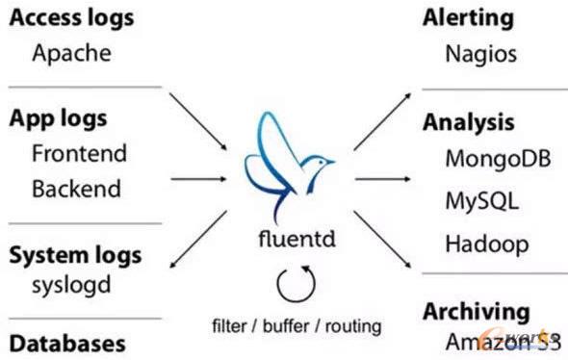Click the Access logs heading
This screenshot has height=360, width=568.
pos(71,17)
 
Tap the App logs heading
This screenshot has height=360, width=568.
pos(58,118)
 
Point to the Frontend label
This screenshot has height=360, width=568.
pos(79,153)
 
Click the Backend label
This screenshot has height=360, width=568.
pos(77,187)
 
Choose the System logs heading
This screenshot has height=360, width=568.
pos(75,255)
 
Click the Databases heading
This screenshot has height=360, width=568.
pos(67,342)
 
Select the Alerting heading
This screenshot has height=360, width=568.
pos(468,17)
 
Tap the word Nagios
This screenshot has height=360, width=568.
pos(480,53)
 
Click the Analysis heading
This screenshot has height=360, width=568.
pos(468,122)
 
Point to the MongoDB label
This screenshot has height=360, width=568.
pos(498,158)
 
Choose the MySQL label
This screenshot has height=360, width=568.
pos(481,201)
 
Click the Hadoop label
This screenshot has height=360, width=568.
pos(486,244)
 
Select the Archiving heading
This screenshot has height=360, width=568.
pos(476,311)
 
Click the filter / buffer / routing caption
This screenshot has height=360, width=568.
pos(297,325)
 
